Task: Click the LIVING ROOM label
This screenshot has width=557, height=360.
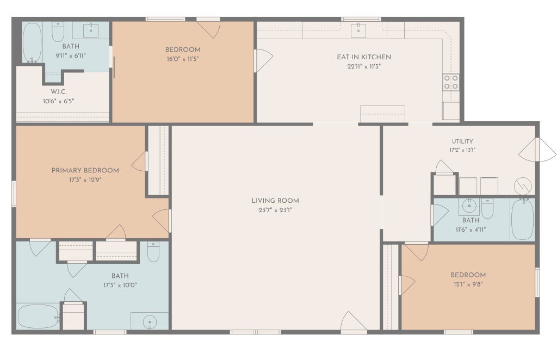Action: (x=275, y=201)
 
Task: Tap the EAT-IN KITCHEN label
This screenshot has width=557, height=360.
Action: (x=364, y=57)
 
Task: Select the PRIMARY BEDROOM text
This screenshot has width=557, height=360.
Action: (x=85, y=170)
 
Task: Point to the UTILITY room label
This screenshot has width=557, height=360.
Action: (x=462, y=141)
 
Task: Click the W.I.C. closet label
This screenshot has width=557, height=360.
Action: (x=59, y=91)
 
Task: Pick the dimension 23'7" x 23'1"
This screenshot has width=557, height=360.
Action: (x=275, y=210)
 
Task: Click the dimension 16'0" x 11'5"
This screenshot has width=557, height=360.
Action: (x=183, y=59)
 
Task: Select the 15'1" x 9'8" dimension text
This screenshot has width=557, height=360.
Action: (x=468, y=284)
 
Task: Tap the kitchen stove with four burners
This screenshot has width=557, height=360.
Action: (x=451, y=82)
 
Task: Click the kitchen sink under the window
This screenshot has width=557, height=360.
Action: (x=358, y=30)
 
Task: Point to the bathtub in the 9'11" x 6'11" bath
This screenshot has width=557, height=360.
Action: (x=32, y=42)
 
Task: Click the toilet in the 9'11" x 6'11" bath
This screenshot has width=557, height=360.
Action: (x=58, y=32)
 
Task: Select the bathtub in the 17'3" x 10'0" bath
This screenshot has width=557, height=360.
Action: (x=38, y=316)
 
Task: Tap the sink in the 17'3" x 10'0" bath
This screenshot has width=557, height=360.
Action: (x=150, y=321)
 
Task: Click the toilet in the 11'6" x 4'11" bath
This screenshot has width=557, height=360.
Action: (x=487, y=208)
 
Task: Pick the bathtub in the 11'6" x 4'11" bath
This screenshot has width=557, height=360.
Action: (x=522, y=219)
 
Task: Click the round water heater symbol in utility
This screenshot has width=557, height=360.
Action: (x=523, y=185)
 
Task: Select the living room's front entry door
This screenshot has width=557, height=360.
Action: (x=354, y=322)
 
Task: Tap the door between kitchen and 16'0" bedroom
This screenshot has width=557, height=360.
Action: (x=263, y=60)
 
